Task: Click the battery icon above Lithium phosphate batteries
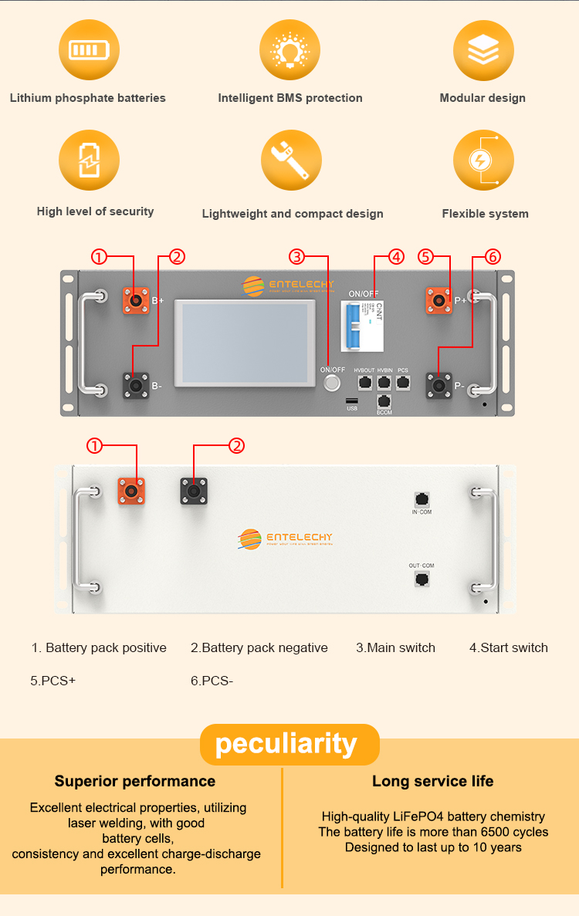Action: [x=89, y=50]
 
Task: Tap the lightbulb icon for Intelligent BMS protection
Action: [x=289, y=50]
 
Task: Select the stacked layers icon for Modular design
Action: [x=483, y=50]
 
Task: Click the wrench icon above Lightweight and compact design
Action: [x=290, y=161]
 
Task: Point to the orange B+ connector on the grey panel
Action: [x=137, y=300]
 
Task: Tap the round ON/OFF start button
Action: [x=333, y=384]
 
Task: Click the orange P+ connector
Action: [x=439, y=300]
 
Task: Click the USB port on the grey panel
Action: [x=352, y=401]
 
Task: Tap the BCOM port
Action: [x=384, y=401]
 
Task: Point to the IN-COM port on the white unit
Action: [x=422, y=499]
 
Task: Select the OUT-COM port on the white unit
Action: [x=422, y=579]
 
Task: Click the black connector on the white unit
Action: [x=194, y=491]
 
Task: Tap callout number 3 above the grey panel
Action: [x=297, y=257]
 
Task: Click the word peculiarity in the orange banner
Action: [x=286, y=744]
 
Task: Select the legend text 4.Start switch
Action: [x=509, y=648]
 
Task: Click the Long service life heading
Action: [x=432, y=781]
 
